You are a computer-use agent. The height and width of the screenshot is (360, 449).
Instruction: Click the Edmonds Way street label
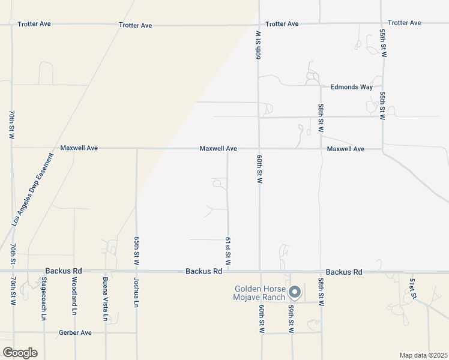351,87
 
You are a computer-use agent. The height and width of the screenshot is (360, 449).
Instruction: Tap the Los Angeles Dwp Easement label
32,189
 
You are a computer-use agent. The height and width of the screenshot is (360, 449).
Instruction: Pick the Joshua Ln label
136,296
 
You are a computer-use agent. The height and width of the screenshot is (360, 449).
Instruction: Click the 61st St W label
228,252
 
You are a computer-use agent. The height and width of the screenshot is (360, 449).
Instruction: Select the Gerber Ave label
75,332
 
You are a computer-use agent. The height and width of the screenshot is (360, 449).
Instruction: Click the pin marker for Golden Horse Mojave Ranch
295,292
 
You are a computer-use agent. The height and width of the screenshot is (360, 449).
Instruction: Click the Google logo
20,352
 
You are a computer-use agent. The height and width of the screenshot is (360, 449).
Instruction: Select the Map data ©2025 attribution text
423,355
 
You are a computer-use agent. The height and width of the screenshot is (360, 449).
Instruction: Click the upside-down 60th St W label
258,45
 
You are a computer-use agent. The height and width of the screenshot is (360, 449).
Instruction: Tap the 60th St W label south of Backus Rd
262,319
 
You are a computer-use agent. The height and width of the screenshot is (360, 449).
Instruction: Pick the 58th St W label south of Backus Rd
322,291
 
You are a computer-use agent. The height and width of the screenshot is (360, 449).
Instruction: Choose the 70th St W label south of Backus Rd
12,291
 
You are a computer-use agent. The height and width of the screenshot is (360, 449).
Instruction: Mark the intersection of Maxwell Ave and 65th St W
137,148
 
